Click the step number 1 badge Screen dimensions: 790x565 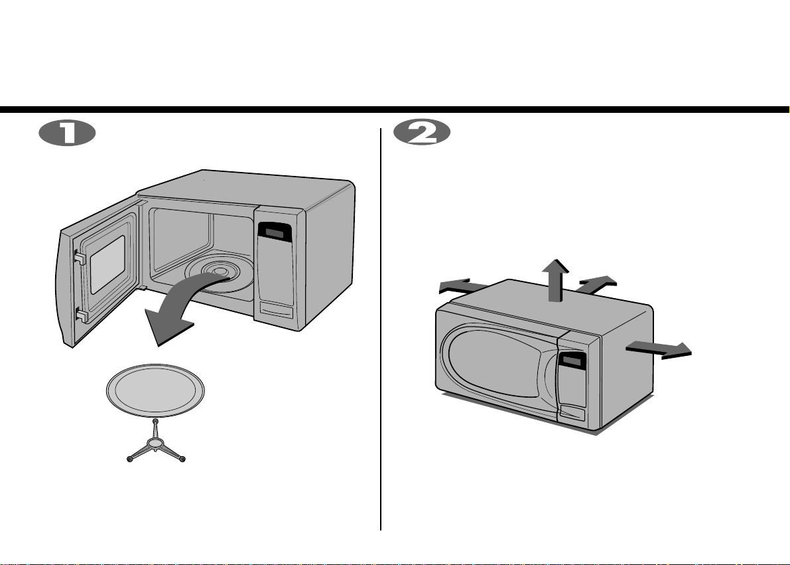pos(67,133)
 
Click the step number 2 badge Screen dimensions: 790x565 pos(422,133)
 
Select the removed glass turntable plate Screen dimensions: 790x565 pos(155,390)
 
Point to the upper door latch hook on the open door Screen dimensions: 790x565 pos(80,258)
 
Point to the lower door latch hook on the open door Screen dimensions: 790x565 pos(81,316)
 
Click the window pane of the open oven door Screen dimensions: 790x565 pos(107,264)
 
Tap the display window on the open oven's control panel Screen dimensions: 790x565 pos(274,232)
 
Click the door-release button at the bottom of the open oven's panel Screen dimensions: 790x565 pos(276,310)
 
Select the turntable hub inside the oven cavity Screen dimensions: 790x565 pos(220,272)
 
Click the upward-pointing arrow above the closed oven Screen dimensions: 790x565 pos(555,280)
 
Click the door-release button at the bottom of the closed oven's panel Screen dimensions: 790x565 pos(573,413)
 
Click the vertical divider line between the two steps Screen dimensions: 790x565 pos(381,329)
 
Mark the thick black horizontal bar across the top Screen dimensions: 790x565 pos(395,110)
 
